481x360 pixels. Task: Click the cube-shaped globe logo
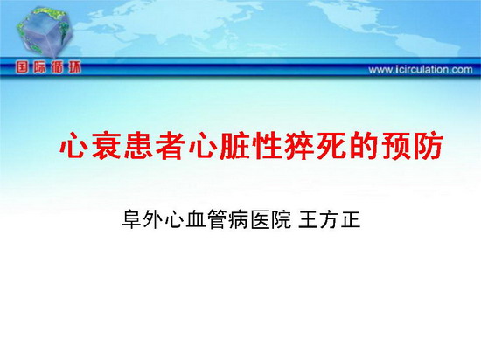click(45, 31)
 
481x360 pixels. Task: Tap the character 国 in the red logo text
click(22, 66)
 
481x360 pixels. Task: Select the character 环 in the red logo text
click(75, 66)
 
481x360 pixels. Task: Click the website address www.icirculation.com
click(421, 70)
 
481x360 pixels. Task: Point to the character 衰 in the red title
click(106, 146)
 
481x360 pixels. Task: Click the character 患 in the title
click(139, 146)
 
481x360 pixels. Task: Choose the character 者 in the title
click(171, 146)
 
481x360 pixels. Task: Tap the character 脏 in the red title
click(235, 146)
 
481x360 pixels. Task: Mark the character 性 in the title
click(268, 146)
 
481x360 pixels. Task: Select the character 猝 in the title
click(299, 146)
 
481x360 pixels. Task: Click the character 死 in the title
click(331, 146)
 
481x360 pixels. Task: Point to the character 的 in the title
click(364, 146)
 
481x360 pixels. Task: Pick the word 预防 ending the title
click(412, 146)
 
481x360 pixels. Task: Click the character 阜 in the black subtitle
click(131, 219)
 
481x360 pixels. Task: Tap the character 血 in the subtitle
click(195, 219)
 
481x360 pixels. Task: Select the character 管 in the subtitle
click(217, 219)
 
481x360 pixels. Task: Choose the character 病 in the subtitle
click(238, 219)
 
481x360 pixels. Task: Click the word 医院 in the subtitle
click(270, 219)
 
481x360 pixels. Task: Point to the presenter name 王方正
click(329, 219)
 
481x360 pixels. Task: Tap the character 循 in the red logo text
click(57, 66)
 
